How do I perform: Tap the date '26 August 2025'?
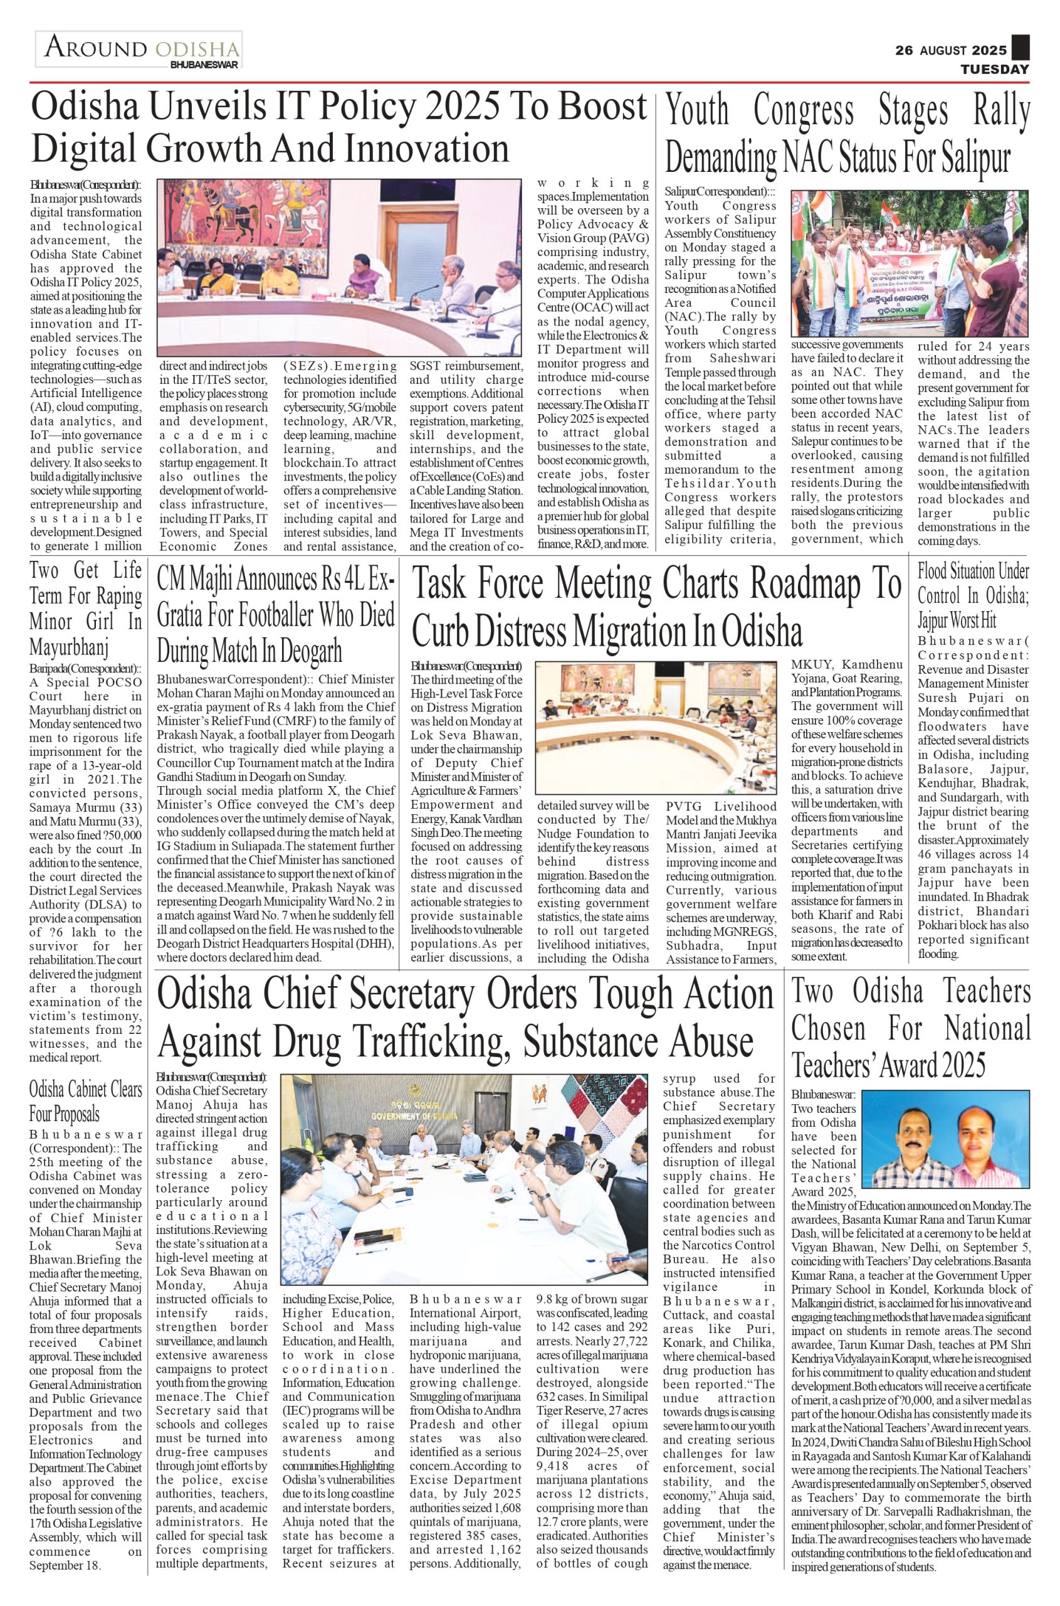click(950, 51)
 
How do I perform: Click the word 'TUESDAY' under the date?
click(995, 69)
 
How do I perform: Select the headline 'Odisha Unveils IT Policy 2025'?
click(338, 129)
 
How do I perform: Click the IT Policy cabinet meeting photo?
click(339, 267)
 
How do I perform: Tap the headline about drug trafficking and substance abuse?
click(465, 1018)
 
